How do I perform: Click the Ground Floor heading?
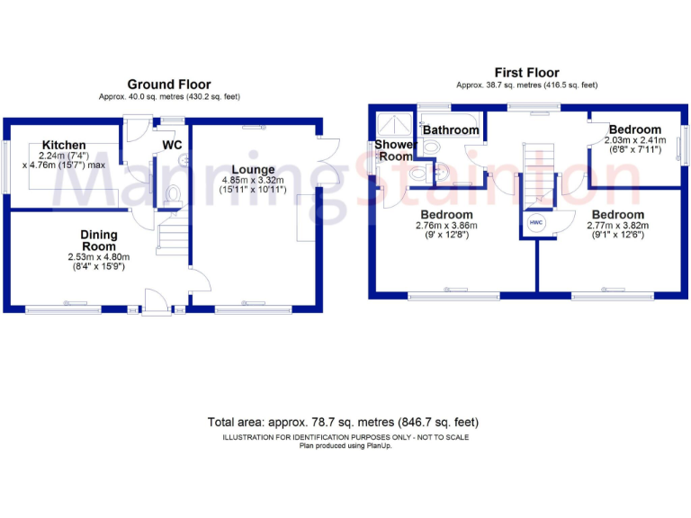click(169, 85)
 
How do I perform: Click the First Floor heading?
click(526, 73)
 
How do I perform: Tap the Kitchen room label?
click(64, 145)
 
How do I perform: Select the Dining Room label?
click(99, 240)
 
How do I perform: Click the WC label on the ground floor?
click(173, 145)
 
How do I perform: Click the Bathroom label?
click(451, 130)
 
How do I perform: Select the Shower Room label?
click(395, 150)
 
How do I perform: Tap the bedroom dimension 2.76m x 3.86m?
click(444, 226)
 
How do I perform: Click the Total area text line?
click(343, 422)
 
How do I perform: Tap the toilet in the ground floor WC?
click(174, 194)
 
